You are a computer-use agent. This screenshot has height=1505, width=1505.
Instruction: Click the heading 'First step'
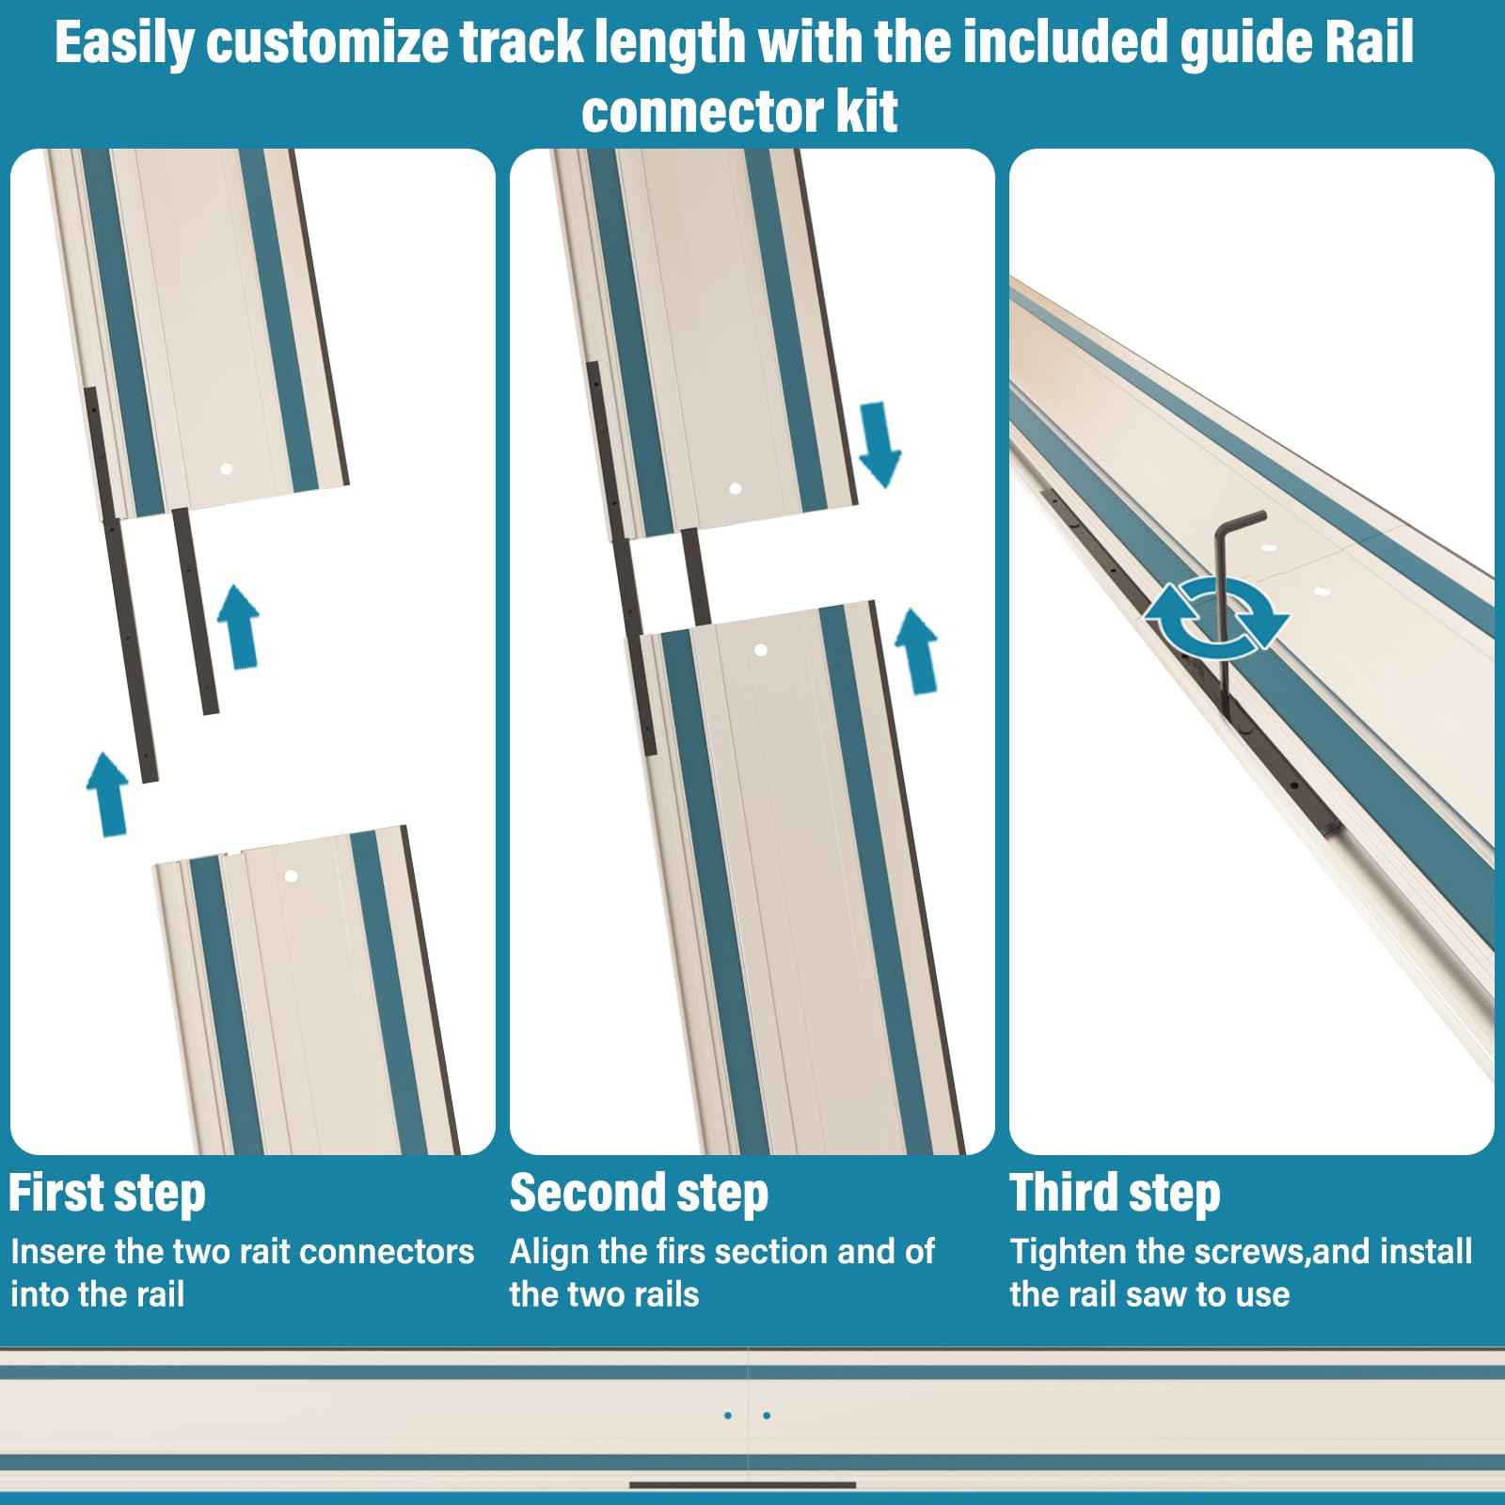click(106, 1193)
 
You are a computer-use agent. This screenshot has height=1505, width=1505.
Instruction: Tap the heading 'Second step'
click(639, 1193)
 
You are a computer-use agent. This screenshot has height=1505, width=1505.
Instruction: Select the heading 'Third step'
click(1115, 1193)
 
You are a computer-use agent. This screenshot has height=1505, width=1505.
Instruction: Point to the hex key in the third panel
click(1223, 583)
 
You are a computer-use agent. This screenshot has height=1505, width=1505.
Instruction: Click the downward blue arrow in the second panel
click(880, 443)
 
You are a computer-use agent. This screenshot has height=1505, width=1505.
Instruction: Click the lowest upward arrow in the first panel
click(107, 793)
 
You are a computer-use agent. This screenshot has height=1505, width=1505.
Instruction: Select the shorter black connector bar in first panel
click(196, 611)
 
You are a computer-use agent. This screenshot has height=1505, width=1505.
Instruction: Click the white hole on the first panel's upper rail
click(225, 467)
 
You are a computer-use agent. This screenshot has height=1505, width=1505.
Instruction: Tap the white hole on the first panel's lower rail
click(291, 876)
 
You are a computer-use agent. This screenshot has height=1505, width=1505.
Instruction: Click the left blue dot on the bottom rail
click(728, 1415)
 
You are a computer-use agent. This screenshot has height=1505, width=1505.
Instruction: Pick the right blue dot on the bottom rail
click(767, 1415)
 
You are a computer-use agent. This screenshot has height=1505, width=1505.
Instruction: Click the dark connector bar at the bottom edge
click(742, 1485)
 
